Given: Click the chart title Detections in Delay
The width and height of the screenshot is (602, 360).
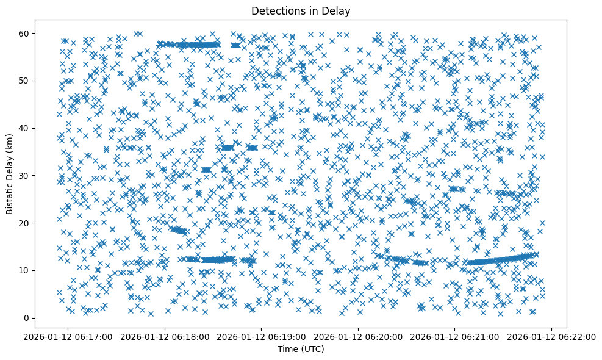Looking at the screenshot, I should pyautogui.click(x=301, y=10).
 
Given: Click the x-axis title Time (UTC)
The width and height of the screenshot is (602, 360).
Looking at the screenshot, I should pyautogui.click(x=301, y=349).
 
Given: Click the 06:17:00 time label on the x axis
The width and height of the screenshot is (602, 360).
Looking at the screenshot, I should pyautogui.click(x=68, y=336).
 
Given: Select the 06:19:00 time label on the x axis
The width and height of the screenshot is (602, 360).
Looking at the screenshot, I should pyautogui.click(x=262, y=336).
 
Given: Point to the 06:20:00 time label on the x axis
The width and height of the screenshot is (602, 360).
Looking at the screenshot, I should pyautogui.click(x=359, y=336).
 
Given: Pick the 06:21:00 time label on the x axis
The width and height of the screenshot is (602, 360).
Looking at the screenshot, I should pyautogui.click(x=455, y=336).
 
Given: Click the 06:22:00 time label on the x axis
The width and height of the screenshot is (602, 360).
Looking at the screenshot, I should pyautogui.click(x=552, y=336).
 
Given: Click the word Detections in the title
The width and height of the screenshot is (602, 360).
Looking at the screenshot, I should pyautogui.click(x=276, y=10).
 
